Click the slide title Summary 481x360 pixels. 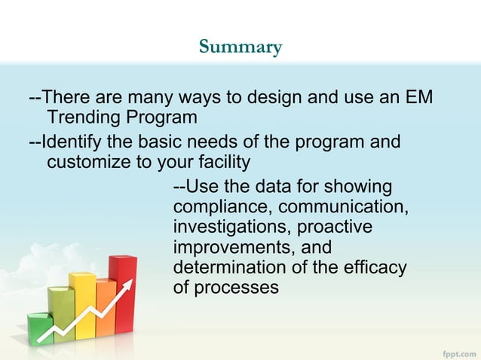click(240, 47)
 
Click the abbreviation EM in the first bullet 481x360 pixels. click(418, 99)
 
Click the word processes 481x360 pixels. click(236, 288)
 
